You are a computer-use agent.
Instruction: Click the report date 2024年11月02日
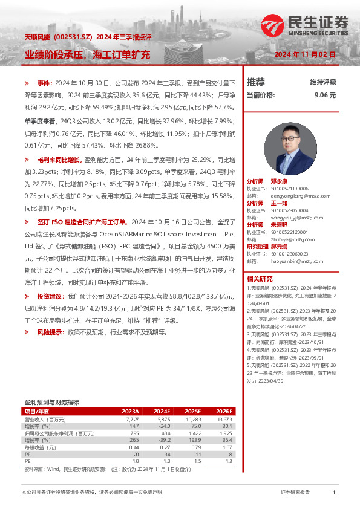pyautogui.click(x=305, y=54)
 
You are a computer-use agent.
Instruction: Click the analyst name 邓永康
pyautogui.click(x=279, y=181)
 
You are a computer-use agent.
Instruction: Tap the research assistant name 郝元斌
pyautogui.click(x=279, y=247)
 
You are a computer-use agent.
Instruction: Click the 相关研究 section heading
pyautogui.click(x=260, y=279)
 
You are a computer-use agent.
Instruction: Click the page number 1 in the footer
pyautogui.click(x=334, y=493)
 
